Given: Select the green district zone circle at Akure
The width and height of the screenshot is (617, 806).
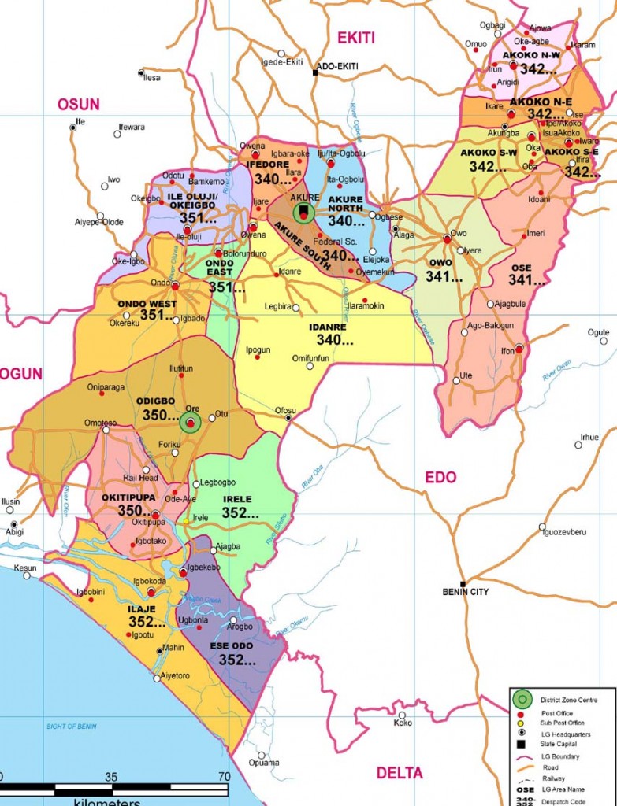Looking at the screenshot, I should tap(303, 212).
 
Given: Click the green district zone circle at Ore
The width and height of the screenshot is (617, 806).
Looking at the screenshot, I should tap(190, 422).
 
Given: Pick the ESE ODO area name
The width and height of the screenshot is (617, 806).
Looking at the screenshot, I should tap(231, 646).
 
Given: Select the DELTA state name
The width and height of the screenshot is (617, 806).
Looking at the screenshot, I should tap(400, 773).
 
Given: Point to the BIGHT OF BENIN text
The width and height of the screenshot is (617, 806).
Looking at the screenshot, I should tap(70, 726).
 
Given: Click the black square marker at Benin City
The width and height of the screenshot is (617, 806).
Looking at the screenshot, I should tap(463, 583).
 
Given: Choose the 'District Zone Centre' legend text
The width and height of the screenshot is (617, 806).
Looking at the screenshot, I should tap(568, 700).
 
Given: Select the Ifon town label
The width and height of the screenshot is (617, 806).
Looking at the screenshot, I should tap(507, 350).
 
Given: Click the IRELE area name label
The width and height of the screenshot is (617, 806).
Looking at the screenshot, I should tap(236, 499).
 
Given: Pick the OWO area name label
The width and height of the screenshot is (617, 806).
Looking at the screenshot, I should tap(441, 264).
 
